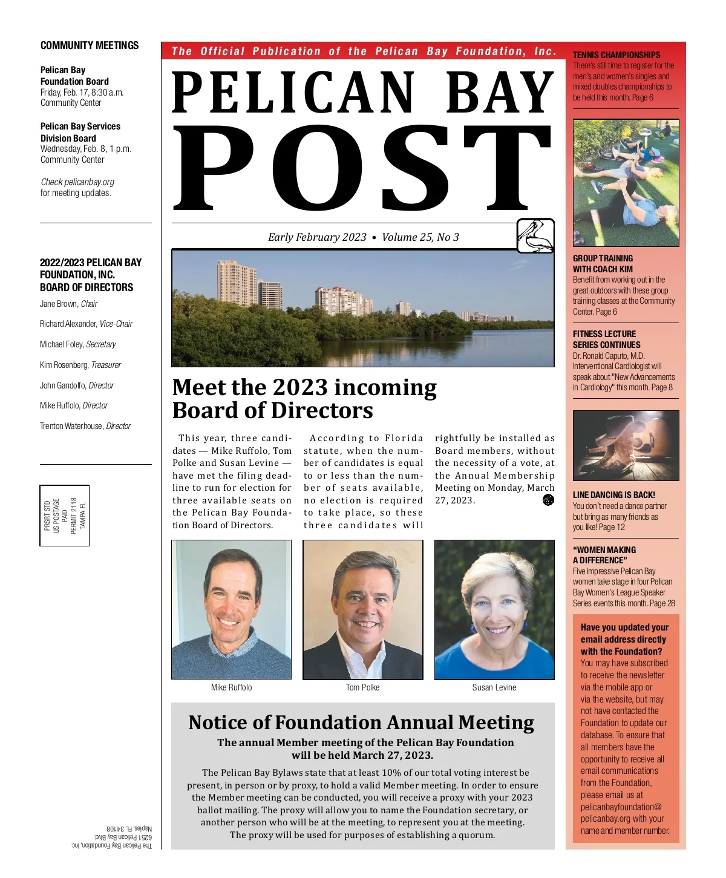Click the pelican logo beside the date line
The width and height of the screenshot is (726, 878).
(x=535, y=236)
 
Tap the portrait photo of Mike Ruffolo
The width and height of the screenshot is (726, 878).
(x=231, y=609)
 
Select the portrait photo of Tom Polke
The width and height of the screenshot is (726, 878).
(x=363, y=609)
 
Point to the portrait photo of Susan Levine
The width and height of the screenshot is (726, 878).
(x=494, y=609)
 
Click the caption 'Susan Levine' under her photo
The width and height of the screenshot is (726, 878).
(x=494, y=687)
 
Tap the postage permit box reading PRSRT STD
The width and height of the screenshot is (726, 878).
(x=65, y=516)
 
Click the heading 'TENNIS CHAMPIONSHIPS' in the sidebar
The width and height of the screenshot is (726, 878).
(x=616, y=54)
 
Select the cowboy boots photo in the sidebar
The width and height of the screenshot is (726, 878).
(x=626, y=446)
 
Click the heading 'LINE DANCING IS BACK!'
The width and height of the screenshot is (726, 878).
(x=613, y=495)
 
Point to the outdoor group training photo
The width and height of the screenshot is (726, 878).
(x=626, y=183)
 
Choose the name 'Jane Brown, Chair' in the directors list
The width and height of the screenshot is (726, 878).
(x=68, y=304)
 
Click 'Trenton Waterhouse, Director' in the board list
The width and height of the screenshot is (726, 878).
(x=85, y=426)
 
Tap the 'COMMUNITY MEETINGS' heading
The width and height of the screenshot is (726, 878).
(x=90, y=45)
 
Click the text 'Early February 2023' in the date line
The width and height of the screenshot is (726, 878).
(x=317, y=237)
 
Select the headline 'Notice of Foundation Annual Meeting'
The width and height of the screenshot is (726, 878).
(x=361, y=722)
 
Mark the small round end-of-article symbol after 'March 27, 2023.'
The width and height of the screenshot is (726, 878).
(x=548, y=500)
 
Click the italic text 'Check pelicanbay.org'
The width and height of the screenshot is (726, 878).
(x=77, y=182)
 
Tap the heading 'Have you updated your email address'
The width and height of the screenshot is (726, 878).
(x=624, y=639)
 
